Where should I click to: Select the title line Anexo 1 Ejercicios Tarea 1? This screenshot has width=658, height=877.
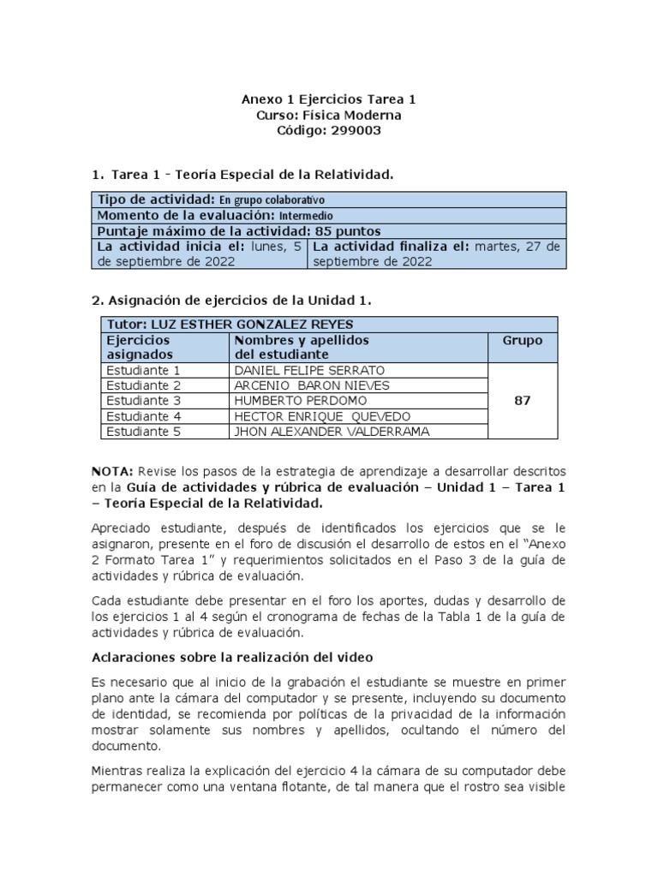tap(329, 99)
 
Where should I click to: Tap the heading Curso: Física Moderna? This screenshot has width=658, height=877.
tap(329, 115)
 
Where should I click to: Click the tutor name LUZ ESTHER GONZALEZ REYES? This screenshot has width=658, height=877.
tap(251, 325)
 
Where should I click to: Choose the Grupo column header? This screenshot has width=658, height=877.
tap(522, 340)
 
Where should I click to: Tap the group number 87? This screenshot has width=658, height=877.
tap(522, 401)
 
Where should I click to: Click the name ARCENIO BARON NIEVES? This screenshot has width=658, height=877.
tap(300, 386)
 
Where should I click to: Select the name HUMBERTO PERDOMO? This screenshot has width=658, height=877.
tap(288, 401)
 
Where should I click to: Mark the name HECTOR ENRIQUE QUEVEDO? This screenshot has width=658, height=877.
tap(309, 416)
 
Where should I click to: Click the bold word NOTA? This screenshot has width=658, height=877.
tap(112, 472)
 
